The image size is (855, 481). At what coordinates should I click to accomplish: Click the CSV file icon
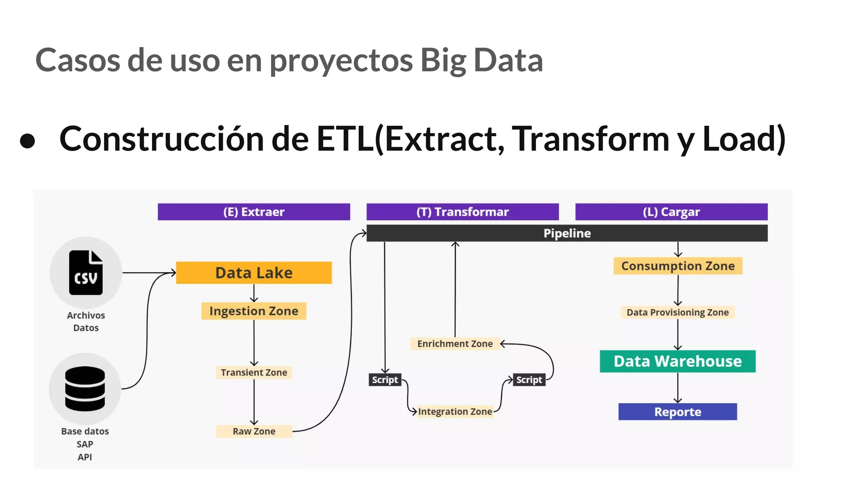[x=86, y=273]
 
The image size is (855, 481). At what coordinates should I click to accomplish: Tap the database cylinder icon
[x=85, y=389]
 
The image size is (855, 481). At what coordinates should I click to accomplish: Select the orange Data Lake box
[x=254, y=273]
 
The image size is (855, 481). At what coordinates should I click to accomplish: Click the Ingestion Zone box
[x=254, y=311]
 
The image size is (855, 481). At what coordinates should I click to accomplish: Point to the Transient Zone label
[x=254, y=372]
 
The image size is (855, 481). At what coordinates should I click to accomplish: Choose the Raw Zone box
[x=254, y=431]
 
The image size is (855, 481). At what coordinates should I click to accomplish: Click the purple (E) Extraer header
[x=254, y=212]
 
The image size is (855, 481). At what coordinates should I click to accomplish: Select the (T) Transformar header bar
[x=463, y=212]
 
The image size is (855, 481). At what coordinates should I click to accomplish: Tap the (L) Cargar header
[x=671, y=212]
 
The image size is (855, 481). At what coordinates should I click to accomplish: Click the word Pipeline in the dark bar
[x=567, y=233]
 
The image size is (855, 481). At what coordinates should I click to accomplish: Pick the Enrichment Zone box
[x=455, y=344]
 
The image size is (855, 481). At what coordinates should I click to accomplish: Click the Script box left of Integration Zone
[x=385, y=380]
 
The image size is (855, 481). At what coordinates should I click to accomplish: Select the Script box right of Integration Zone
[x=529, y=380]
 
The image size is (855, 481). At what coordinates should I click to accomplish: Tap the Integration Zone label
[x=455, y=412]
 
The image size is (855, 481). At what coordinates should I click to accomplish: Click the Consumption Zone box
[x=678, y=266]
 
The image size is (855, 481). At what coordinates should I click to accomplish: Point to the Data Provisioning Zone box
[x=678, y=312]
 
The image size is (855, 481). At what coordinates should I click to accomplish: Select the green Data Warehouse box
[x=678, y=361]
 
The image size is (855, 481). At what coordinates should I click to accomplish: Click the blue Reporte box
[x=678, y=412]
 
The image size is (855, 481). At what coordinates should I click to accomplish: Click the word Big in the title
[x=443, y=61]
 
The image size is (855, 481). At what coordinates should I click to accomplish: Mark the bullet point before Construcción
[x=28, y=141]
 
